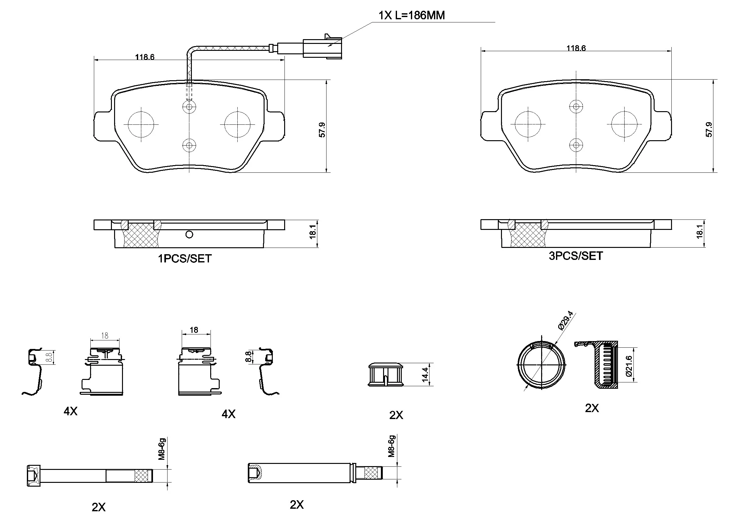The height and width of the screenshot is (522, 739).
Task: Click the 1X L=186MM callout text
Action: tap(411, 15)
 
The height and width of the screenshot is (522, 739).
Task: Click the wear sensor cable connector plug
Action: tap(322, 48)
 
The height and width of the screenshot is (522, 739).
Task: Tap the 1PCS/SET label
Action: tap(184, 259)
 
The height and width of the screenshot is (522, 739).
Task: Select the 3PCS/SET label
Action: tap(576, 256)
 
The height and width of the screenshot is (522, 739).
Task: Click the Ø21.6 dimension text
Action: tap(629, 366)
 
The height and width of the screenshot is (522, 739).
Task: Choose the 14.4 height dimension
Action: tap(425, 375)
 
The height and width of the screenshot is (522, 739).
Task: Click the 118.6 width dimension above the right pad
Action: tap(576, 48)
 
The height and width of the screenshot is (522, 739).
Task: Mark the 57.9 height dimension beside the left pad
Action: tap(322, 130)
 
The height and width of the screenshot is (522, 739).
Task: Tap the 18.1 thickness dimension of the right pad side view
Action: tap(699, 231)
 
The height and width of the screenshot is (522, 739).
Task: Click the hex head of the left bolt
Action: tap(34, 475)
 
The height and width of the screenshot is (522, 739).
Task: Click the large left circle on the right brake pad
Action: tap(528, 124)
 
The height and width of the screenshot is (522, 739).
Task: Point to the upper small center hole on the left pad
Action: tap(189, 106)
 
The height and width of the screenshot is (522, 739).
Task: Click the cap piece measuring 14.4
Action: tap(386, 375)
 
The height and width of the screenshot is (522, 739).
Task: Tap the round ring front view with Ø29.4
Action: tap(541, 365)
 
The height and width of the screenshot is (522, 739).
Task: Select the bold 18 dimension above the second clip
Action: tap(194, 330)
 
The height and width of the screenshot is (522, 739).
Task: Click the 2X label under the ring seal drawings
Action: tap(592, 408)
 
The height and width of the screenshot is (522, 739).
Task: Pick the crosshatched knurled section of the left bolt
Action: tap(143, 476)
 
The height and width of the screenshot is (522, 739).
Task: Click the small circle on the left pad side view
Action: tap(189, 235)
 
